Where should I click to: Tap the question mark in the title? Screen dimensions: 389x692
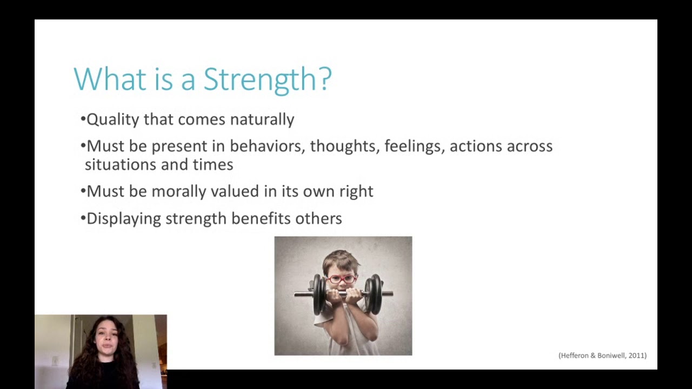[x=325, y=79]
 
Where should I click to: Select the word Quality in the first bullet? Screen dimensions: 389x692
[x=112, y=119]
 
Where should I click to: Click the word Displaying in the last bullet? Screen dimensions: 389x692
[x=124, y=218]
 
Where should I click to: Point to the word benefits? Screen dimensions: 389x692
[x=261, y=218]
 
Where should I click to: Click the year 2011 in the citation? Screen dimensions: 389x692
[x=636, y=356]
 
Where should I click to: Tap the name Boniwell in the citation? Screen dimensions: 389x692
[x=612, y=356]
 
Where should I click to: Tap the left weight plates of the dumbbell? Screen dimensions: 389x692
[x=319, y=294]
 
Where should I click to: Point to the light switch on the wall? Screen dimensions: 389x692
[x=55, y=360]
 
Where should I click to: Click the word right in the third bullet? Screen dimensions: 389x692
[x=356, y=191]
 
